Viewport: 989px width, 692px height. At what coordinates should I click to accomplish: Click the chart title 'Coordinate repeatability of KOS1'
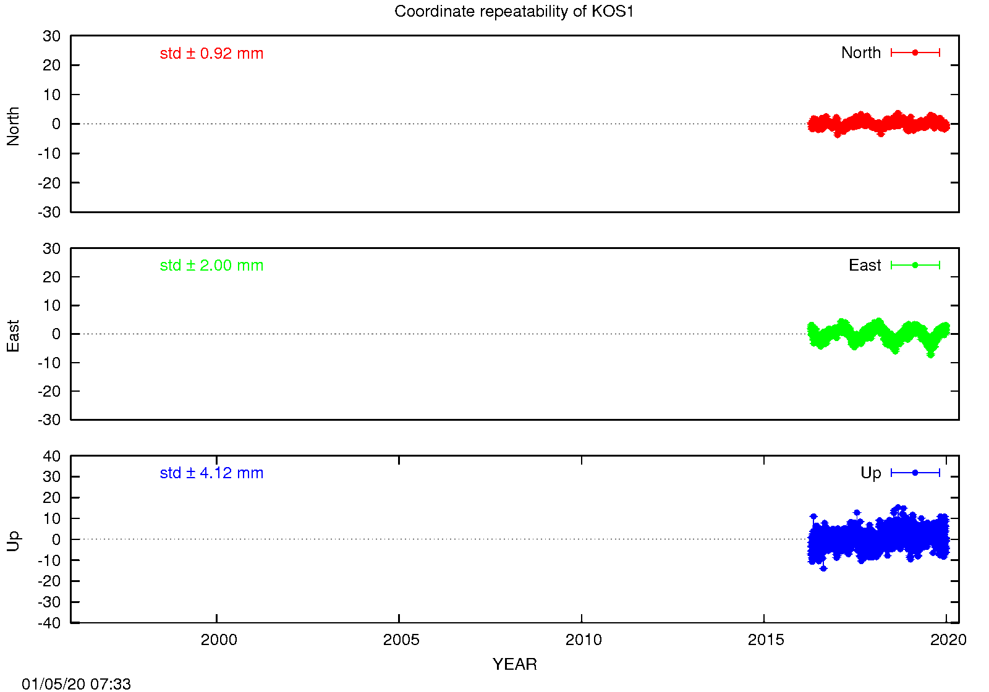pyautogui.click(x=514, y=12)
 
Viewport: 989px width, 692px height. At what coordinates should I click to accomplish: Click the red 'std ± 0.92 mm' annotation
pyautogui.click(x=211, y=53)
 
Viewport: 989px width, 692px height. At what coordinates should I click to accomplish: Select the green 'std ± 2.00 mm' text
pyautogui.click(x=211, y=265)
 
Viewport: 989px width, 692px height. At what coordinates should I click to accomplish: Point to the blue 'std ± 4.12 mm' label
pyautogui.click(x=211, y=473)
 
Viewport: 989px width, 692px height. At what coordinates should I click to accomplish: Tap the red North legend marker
pyautogui.click(x=915, y=53)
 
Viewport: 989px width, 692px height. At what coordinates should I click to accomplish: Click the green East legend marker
pyautogui.click(x=915, y=265)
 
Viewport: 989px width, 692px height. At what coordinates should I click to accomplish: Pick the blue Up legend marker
pyautogui.click(x=915, y=473)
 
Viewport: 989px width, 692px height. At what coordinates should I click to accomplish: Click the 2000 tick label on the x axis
pyautogui.click(x=219, y=640)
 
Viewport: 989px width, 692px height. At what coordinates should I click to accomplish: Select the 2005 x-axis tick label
pyautogui.click(x=401, y=640)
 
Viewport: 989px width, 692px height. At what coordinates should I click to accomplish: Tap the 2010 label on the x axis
pyautogui.click(x=584, y=640)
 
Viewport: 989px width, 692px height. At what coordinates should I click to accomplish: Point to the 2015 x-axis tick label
pyautogui.click(x=766, y=640)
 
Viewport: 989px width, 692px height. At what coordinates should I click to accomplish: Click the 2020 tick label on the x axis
pyautogui.click(x=948, y=640)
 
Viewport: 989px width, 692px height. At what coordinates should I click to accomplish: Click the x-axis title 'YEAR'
pyautogui.click(x=515, y=664)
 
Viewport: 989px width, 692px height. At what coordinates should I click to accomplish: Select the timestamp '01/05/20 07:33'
pyautogui.click(x=77, y=684)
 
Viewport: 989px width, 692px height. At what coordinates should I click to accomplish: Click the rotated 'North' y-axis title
pyautogui.click(x=13, y=126)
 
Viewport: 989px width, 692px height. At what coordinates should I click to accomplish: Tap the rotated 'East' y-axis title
pyautogui.click(x=13, y=336)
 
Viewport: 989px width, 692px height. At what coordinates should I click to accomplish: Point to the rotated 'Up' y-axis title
pyautogui.click(x=13, y=541)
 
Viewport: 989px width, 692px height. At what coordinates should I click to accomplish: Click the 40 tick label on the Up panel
pyautogui.click(x=51, y=456)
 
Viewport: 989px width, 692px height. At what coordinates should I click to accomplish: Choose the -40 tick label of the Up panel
pyautogui.click(x=49, y=623)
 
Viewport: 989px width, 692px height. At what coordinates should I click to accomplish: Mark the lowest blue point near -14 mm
pyautogui.click(x=823, y=568)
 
